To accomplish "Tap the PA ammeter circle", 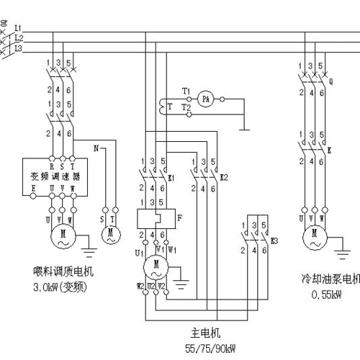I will (x=204, y=97).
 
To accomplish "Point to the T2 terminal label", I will (x=186, y=107).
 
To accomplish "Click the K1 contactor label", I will (x=171, y=176).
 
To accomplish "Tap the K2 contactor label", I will (x=224, y=176).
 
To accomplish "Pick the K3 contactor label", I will (x=274, y=240).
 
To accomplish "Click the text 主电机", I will (x=204, y=334).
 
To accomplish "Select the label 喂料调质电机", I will (x=63, y=272).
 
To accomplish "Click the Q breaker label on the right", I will (x=330, y=81).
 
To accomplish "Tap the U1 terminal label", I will (x=138, y=253).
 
